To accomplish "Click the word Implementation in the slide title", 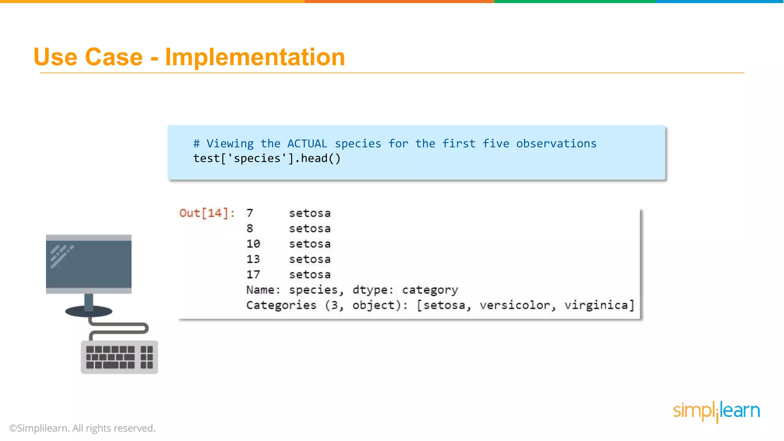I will coord(255,57).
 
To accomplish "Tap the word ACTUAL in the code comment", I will coord(307,144).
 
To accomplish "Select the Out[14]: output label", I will coord(207,213).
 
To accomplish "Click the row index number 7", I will coord(250,213).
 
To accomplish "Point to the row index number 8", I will coord(250,229).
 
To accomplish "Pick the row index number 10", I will coord(253,244).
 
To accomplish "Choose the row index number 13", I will coord(253,259).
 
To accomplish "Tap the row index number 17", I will coord(253,274).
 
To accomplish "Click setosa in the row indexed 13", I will coord(310,259).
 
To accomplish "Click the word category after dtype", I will coord(430,290).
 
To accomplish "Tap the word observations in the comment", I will coord(556,144).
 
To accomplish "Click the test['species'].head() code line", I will coord(267,158).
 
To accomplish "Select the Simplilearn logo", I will coord(716,411).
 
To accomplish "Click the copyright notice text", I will coord(82,428).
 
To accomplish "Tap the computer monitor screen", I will coord(89,264).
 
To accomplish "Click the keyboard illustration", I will coord(119,357).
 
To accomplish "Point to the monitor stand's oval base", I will coord(89,311).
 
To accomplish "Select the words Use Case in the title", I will coord(88,57).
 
